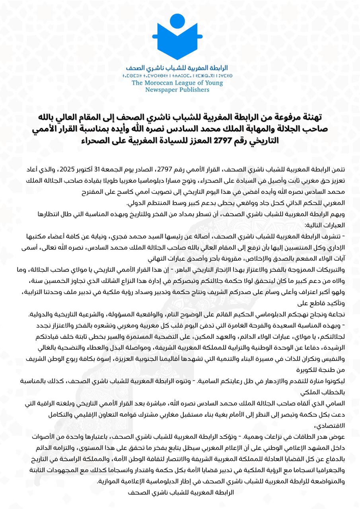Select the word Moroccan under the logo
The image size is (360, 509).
[165, 83]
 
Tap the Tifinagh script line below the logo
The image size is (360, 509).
[180, 75]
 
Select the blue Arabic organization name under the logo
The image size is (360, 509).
[180, 68]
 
